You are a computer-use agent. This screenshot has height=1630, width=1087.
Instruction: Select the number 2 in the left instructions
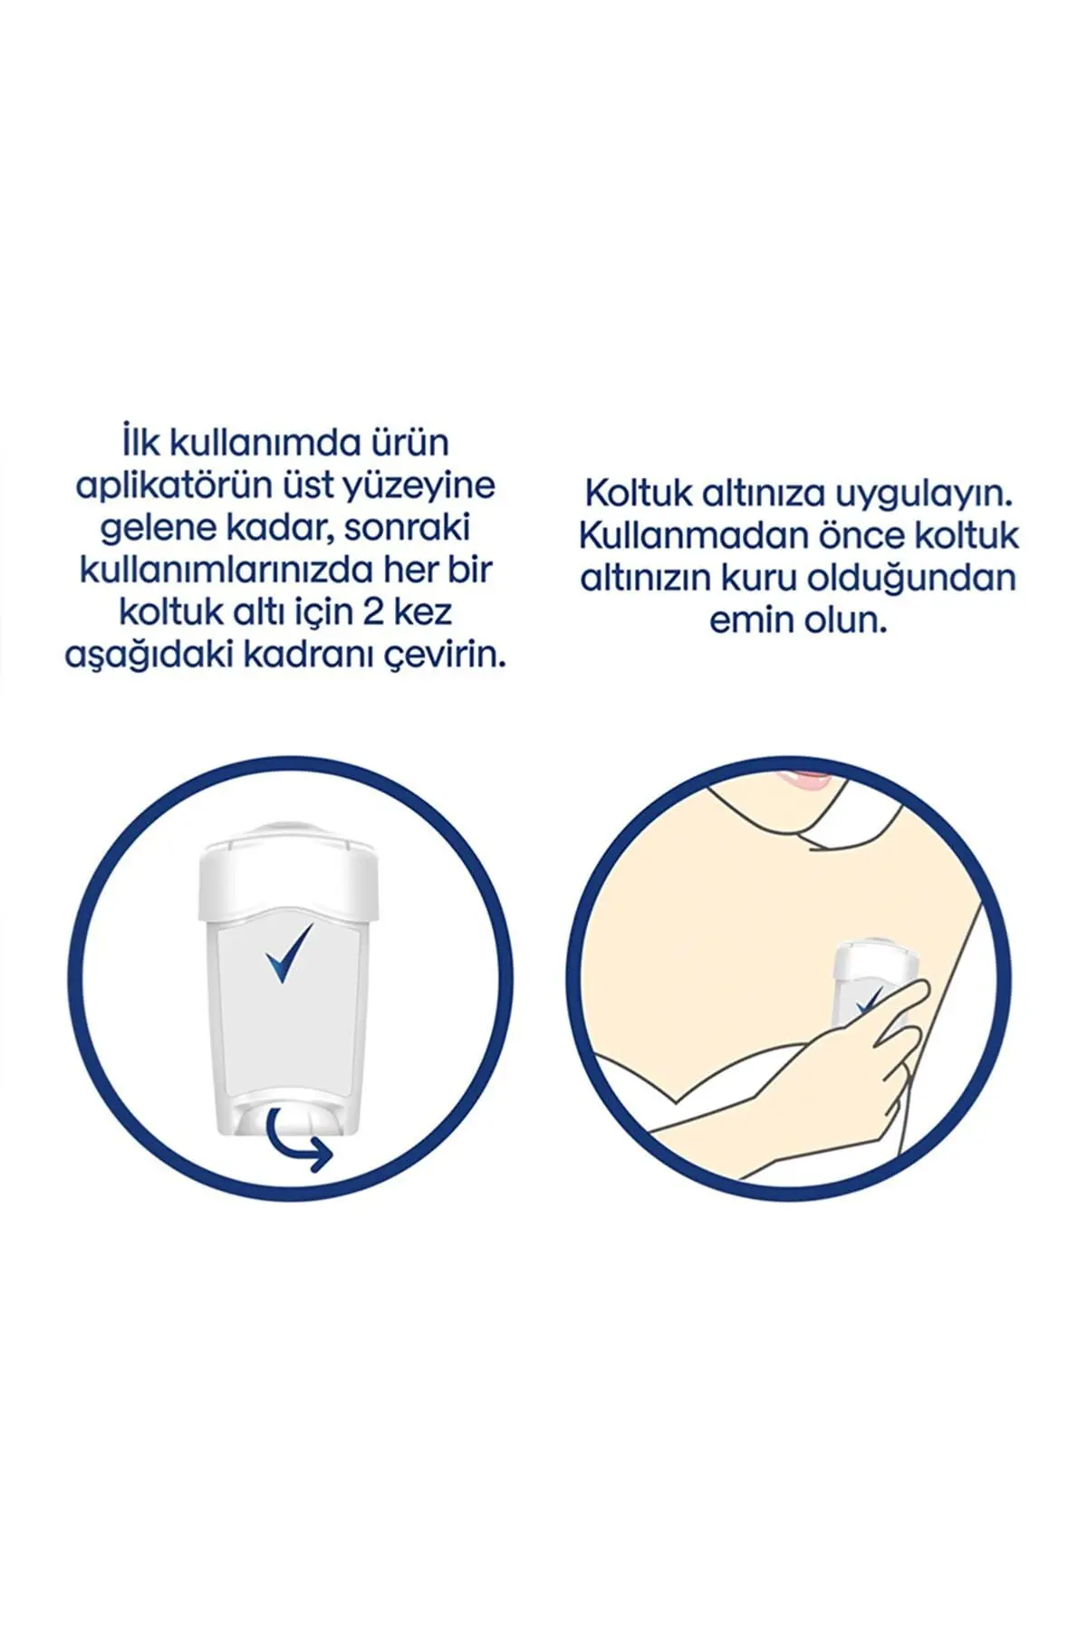[x=372, y=613]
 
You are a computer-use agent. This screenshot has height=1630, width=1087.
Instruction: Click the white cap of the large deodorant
[x=288, y=868]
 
